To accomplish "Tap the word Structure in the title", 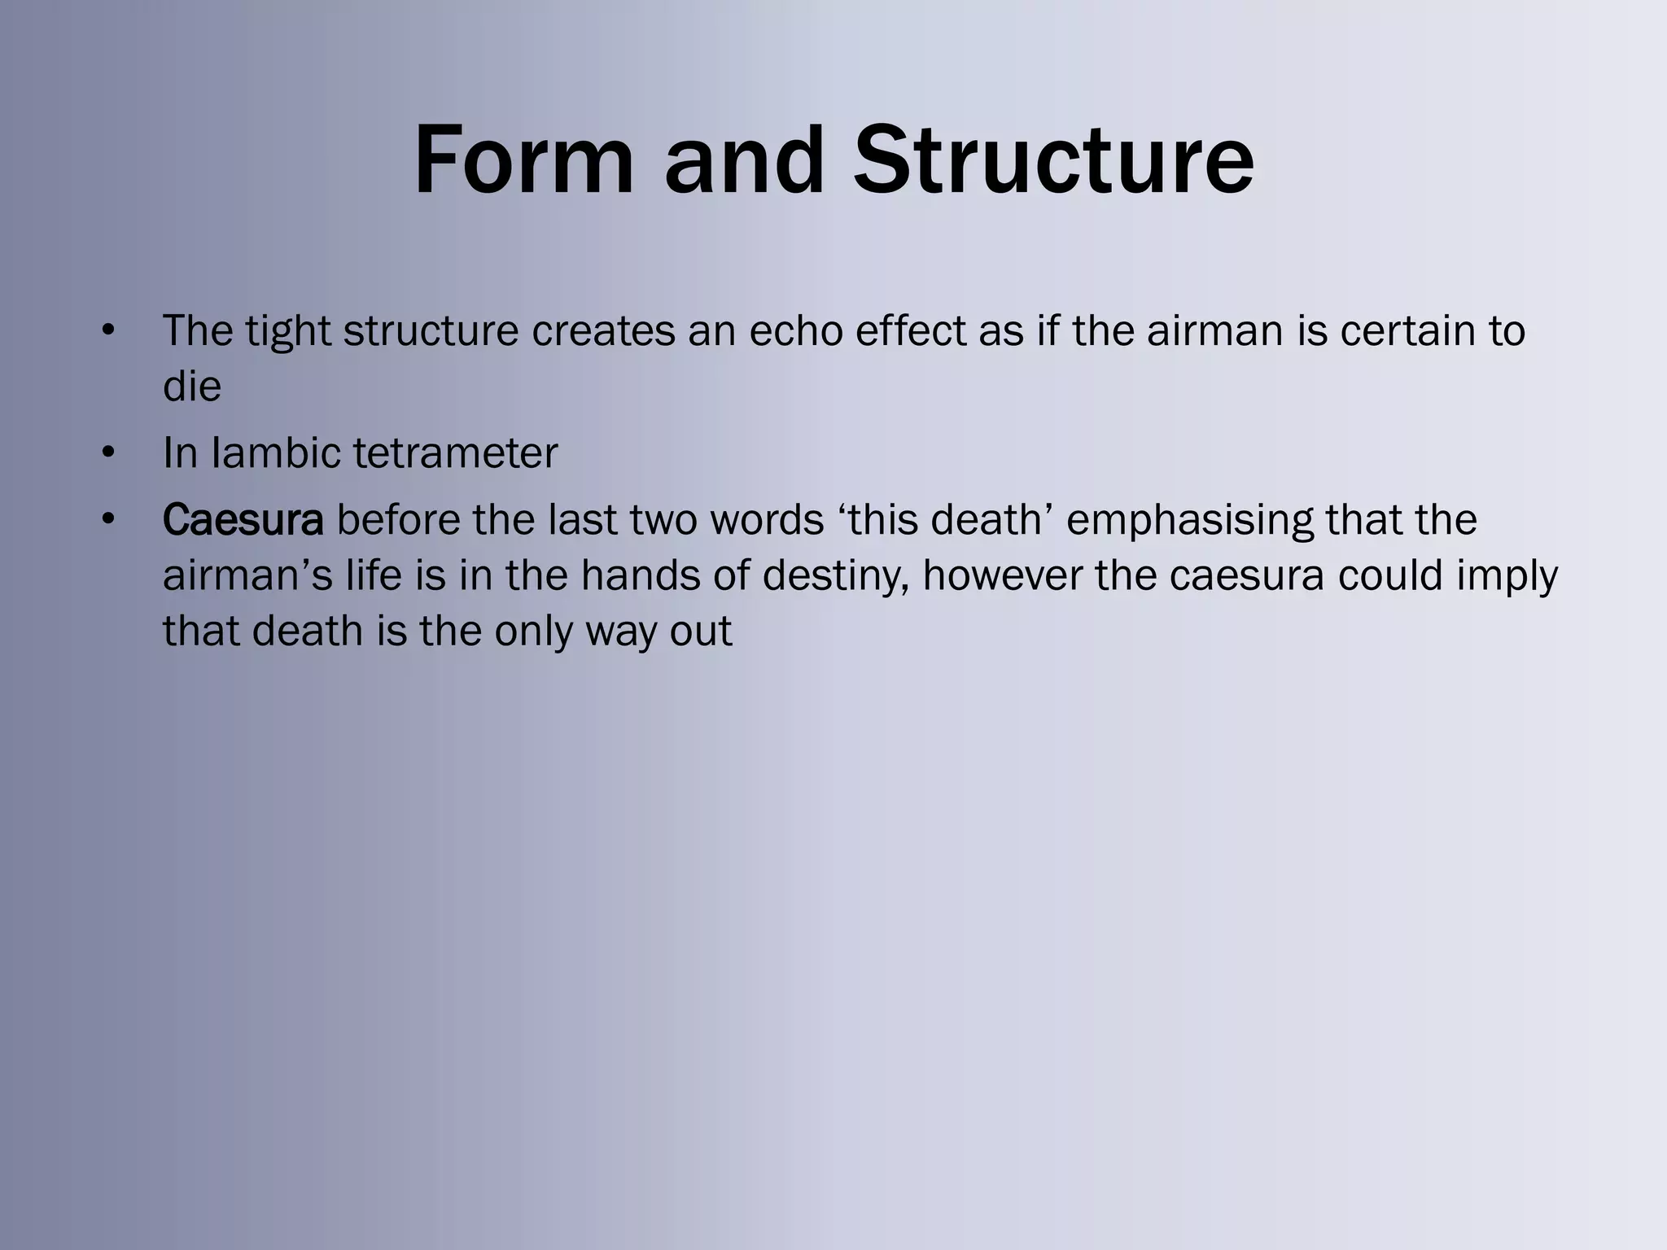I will pos(1053,160).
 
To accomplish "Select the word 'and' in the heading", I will pos(744,160).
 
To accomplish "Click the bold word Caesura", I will pos(243,520).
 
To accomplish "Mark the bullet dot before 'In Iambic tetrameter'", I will pos(108,452).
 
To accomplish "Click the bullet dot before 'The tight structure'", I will pos(108,330).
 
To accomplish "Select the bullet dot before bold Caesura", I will pos(108,520).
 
